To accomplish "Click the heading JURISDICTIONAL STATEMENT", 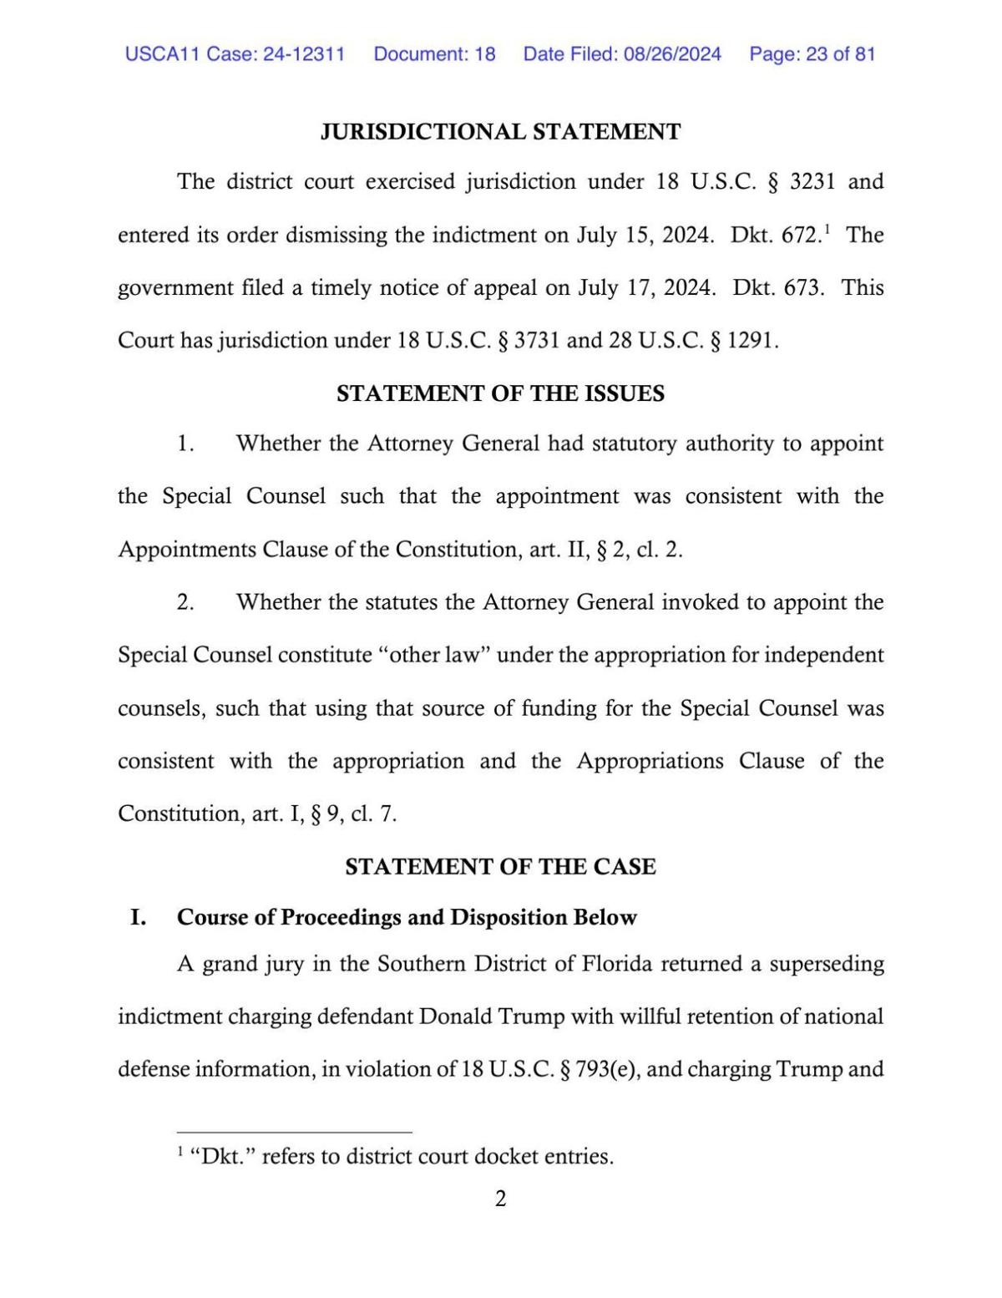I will click(x=500, y=132).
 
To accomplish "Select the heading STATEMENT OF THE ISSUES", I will click(x=500, y=393).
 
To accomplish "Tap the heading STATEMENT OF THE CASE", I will click(x=500, y=866).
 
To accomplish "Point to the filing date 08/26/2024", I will click(x=671, y=54).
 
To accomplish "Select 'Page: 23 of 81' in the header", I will click(x=812, y=54).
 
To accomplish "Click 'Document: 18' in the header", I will click(x=434, y=54).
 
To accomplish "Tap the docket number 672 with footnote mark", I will click(x=800, y=235).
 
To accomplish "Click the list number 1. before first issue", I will click(x=185, y=444).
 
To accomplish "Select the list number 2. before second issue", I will click(x=185, y=602).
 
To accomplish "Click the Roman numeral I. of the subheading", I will click(x=138, y=917).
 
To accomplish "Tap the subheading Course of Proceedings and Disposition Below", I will click(x=407, y=917).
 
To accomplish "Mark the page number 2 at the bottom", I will click(x=500, y=1199).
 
